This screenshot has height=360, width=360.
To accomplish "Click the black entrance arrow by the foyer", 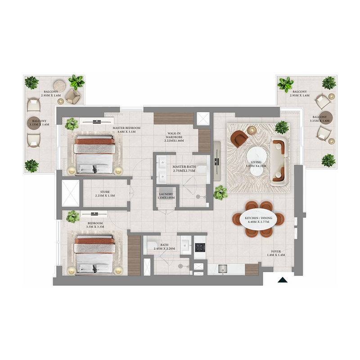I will pos(282,280).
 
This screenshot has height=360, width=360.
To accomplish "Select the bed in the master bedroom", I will pos(94,155).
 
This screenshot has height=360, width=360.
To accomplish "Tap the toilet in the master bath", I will pos(203,170).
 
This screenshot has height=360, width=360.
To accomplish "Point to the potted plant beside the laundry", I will pos(220,193).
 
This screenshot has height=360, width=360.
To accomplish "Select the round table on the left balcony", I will pos(58,85).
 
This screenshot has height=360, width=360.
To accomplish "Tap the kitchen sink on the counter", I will pos(220,269).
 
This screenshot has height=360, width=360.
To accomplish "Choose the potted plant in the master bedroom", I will pos(72,124).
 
